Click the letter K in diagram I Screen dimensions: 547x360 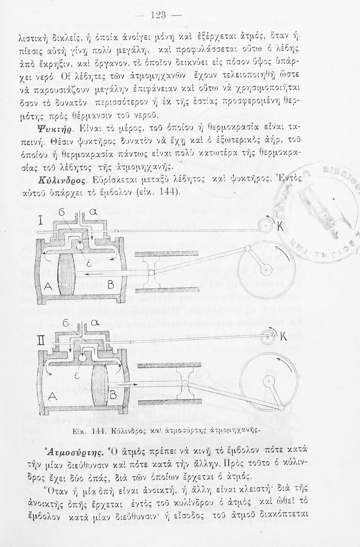(280, 226)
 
